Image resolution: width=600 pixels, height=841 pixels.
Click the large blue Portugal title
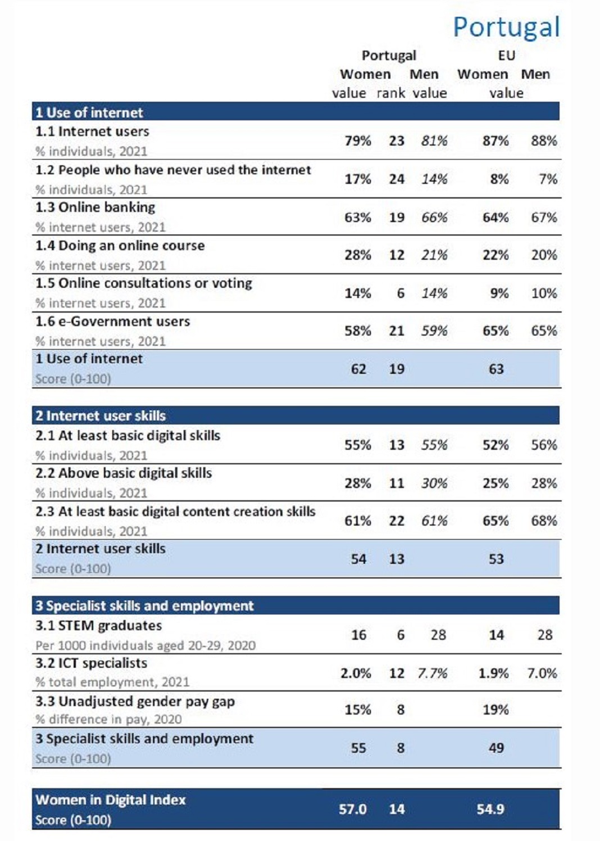coord(506,28)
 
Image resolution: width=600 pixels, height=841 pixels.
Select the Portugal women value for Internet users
coord(358,141)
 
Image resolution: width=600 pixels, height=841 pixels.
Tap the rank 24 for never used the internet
coord(397,179)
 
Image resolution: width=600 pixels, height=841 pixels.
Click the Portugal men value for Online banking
coord(434,218)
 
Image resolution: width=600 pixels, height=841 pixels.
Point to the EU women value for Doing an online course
coord(496,255)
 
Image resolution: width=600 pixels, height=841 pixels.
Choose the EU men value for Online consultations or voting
coord(544,293)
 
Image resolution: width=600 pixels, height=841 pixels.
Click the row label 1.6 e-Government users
coord(112,322)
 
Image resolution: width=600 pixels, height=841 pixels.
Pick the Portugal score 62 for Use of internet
coord(358,369)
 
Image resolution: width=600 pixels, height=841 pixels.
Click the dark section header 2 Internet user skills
coord(101,415)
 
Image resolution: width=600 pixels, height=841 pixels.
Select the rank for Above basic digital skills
coord(397,483)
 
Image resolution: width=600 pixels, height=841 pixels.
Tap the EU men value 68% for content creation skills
coord(544,521)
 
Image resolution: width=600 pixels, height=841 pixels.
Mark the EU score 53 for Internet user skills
coord(496,559)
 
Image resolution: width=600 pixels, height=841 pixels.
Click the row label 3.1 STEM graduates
coord(99,626)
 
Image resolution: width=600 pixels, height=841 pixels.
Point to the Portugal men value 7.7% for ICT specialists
coord(433,673)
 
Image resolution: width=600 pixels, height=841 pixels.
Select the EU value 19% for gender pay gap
coord(496,710)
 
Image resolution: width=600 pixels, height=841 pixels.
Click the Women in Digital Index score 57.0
coord(353,809)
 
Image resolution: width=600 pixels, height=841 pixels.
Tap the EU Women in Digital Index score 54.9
coord(490,809)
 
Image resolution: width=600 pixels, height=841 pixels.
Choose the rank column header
coord(390,93)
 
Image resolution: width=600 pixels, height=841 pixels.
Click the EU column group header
coord(507,56)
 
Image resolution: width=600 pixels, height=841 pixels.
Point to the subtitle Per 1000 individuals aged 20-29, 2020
coord(146,645)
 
